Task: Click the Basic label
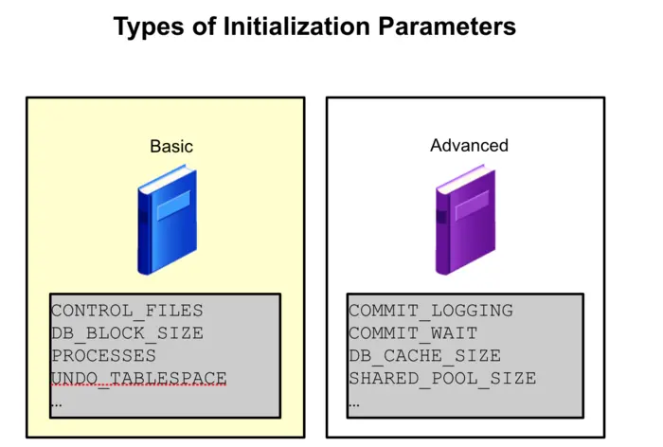[171, 146]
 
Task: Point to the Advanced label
[469, 145]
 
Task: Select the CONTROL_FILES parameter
[127, 311]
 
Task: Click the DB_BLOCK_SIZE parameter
[127, 333]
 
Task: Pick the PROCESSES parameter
[103, 356]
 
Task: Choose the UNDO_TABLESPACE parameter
[138, 378]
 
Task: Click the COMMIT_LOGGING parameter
[430, 311]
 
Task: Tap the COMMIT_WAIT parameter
[413, 333]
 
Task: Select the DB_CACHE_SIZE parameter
[424, 356]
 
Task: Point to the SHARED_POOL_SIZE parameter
[441, 378]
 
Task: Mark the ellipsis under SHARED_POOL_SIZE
[355, 403]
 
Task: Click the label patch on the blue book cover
[173, 206]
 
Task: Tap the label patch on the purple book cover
[471, 206]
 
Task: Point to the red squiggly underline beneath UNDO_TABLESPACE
[138, 386]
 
